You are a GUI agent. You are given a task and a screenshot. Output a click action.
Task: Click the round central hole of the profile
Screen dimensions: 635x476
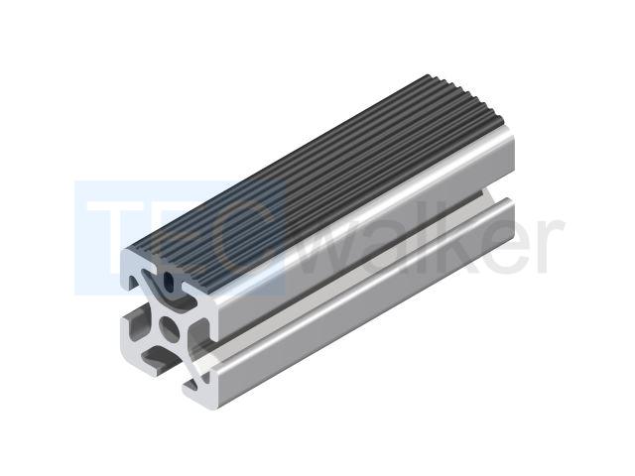[170, 328]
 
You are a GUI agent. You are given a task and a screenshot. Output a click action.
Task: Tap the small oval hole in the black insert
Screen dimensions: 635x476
[168, 280]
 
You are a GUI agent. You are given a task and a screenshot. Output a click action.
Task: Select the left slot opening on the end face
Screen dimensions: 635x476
[135, 322]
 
